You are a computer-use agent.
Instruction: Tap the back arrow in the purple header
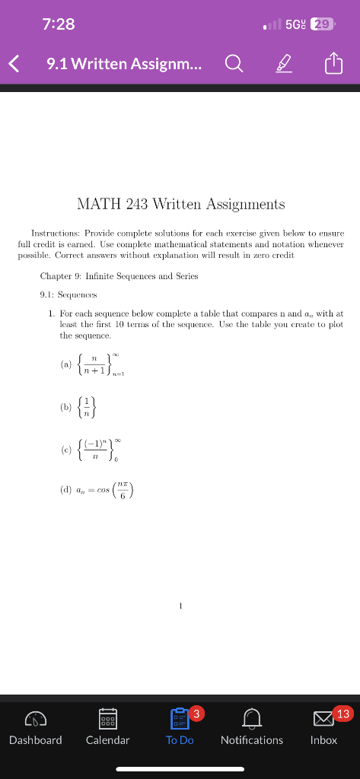[14, 65]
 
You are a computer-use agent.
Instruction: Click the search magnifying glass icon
[234, 65]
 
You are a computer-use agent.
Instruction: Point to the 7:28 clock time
[59, 24]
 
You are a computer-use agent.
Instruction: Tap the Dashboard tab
[36, 730]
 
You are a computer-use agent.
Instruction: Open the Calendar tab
[107, 730]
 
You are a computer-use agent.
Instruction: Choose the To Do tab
[180, 730]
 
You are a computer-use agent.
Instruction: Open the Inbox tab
[323, 730]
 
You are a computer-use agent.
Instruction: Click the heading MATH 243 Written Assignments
[180, 204]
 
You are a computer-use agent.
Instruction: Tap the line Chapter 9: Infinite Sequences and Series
[119, 276]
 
